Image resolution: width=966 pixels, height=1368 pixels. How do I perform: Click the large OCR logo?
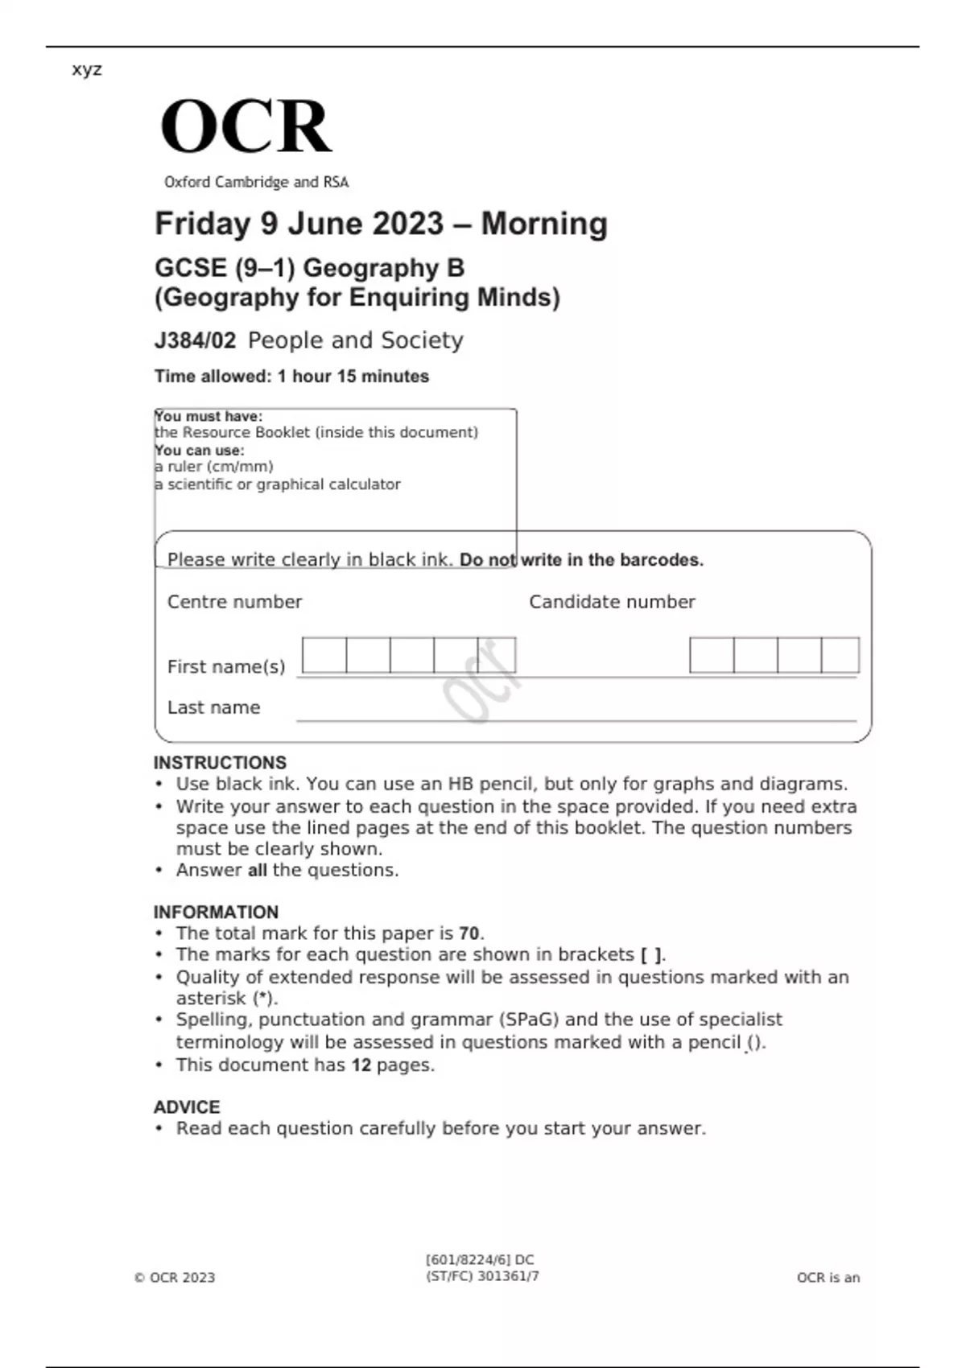[246, 127]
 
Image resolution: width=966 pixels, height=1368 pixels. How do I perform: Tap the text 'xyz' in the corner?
[87, 69]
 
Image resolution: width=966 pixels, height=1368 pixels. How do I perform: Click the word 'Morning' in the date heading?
[544, 224]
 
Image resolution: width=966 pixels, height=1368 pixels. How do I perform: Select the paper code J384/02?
[195, 340]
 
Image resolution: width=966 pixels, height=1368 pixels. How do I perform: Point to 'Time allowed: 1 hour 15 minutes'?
[291, 376]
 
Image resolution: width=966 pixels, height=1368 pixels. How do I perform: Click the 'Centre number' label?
[234, 602]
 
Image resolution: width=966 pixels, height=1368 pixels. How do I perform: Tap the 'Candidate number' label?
[612, 602]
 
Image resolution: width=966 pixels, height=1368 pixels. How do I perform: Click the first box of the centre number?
[324, 655]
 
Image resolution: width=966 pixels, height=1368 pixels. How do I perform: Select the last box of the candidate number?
[840, 655]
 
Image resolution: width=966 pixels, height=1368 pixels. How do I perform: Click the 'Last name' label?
[213, 707]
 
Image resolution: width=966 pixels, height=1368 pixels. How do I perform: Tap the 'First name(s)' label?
[226, 666]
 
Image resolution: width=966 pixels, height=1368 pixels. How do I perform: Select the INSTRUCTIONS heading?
[220, 762]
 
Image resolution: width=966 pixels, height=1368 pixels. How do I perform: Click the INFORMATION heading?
[216, 912]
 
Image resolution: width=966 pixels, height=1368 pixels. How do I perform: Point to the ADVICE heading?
[187, 1106]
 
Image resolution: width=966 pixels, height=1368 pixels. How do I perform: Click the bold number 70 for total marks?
[469, 933]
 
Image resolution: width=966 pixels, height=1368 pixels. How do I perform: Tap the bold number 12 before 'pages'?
[361, 1065]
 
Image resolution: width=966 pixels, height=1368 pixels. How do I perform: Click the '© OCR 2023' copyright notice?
[175, 1278]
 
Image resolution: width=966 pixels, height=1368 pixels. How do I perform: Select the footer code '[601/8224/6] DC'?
[480, 1260]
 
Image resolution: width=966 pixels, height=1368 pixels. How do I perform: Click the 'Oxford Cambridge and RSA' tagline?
[256, 183]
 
